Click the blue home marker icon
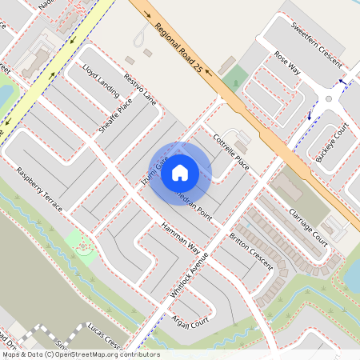[180, 172]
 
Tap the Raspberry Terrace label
[39, 190]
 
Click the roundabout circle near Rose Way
[329, 100]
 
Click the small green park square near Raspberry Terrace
[78, 239]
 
